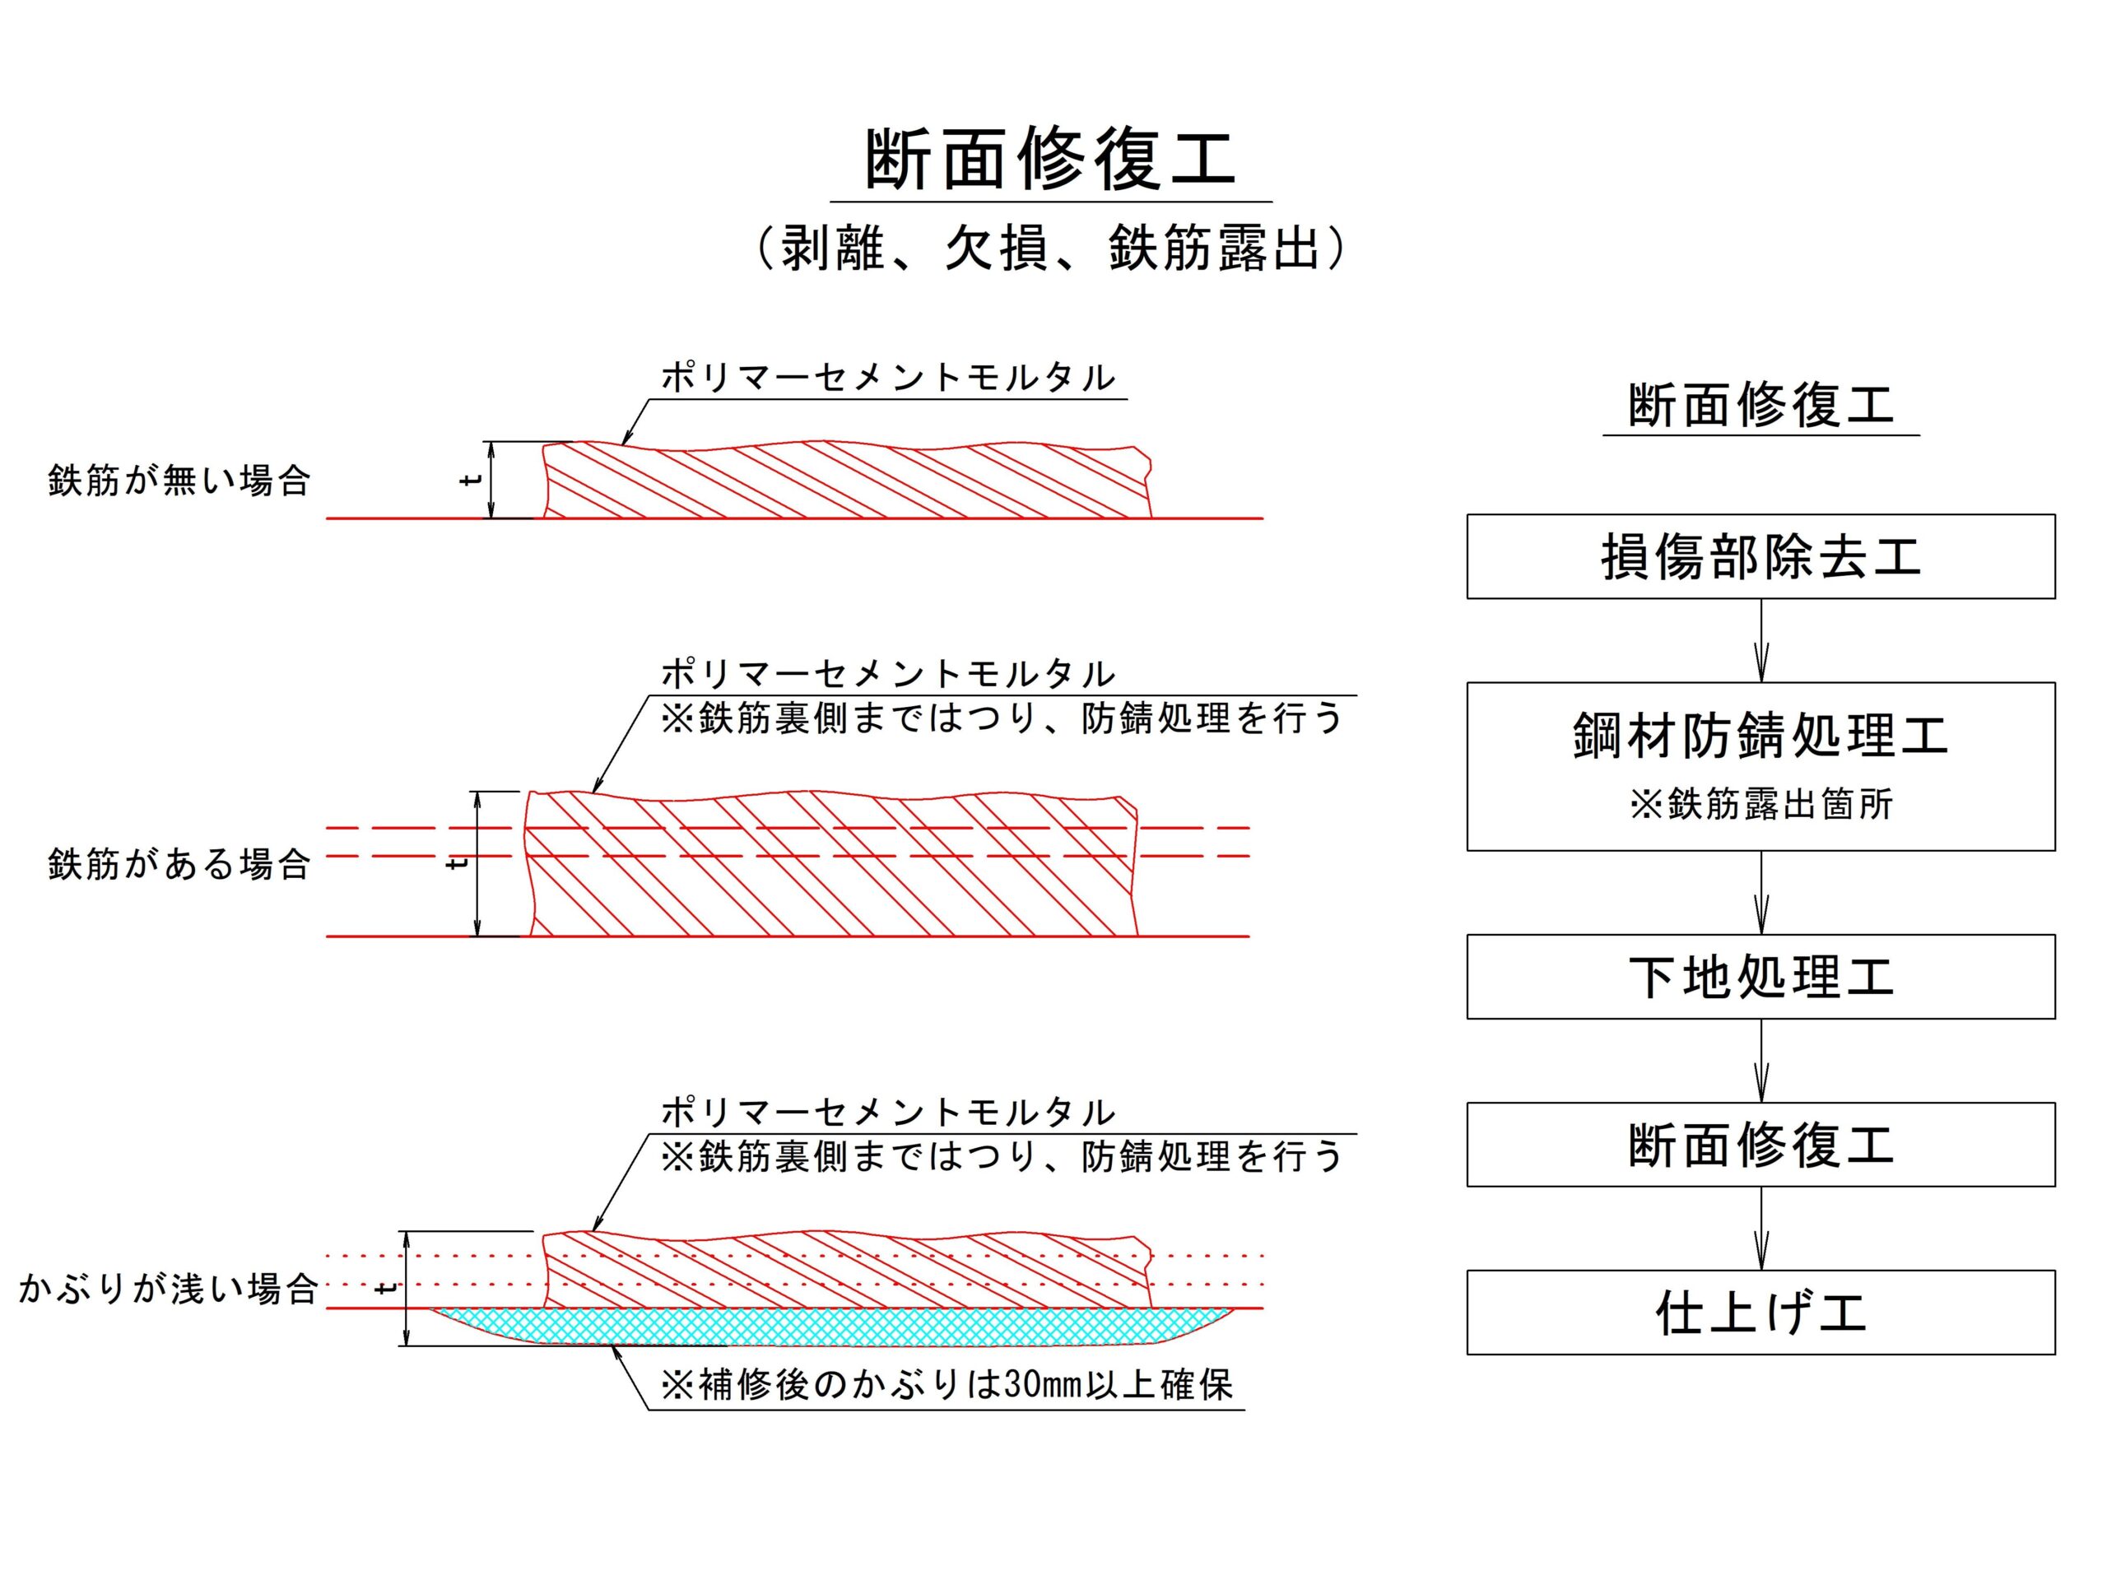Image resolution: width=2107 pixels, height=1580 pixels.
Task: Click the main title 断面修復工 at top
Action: pyautogui.click(x=1051, y=159)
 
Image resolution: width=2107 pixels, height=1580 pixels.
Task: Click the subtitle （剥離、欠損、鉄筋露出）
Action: pyautogui.click(x=1051, y=249)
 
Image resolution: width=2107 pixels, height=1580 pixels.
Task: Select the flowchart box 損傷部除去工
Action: pyautogui.click(x=1760, y=557)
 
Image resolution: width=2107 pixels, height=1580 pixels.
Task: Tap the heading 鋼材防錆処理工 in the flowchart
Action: pyautogui.click(x=1760, y=735)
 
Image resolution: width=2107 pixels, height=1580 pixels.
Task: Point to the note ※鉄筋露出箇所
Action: pyautogui.click(x=1760, y=805)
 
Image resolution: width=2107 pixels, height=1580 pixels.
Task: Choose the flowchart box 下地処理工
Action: pyautogui.click(x=1760, y=977)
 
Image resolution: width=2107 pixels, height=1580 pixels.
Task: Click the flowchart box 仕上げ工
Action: pyautogui.click(x=1760, y=1313)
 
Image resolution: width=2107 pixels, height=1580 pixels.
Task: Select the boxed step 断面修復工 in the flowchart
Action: pyautogui.click(x=1760, y=1145)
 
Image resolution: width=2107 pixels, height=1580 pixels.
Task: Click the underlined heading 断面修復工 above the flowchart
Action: pyautogui.click(x=1760, y=405)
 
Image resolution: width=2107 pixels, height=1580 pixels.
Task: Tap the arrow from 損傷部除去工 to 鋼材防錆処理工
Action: pyautogui.click(x=1760, y=641)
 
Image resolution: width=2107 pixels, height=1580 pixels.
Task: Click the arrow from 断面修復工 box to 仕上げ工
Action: pyautogui.click(x=1760, y=1229)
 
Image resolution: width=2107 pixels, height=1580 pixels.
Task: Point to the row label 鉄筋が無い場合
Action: pyautogui.click(x=179, y=481)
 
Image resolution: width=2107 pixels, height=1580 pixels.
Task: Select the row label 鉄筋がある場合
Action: pyautogui.click(x=179, y=865)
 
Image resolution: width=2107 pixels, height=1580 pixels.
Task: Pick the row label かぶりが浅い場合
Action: pyautogui.click(x=168, y=1289)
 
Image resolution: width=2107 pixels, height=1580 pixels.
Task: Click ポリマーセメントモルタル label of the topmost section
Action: pyautogui.click(x=888, y=378)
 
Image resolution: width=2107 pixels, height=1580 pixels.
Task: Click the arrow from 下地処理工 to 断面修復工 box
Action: pyautogui.click(x=1760, y=1061)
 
